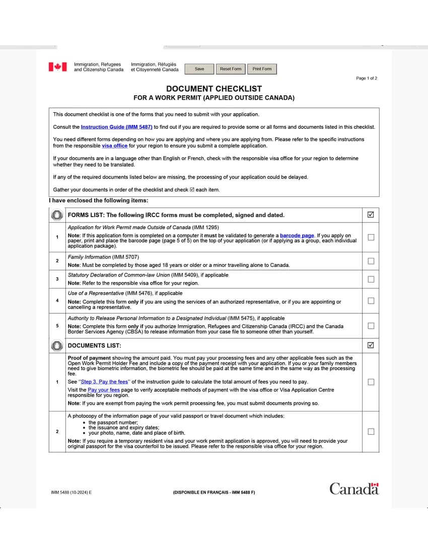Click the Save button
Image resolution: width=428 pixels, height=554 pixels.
[199, 69]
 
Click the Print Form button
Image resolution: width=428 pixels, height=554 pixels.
[262, 69]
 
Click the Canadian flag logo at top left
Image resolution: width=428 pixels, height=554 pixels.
[57, 67]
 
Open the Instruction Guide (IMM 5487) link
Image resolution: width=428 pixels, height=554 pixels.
[116, 127]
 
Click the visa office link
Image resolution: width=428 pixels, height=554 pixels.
[114, 146]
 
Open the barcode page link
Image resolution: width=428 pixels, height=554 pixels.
[297, 236]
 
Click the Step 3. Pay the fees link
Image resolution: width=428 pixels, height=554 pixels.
[104, 382]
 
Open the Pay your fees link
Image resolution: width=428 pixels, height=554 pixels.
[104, 390]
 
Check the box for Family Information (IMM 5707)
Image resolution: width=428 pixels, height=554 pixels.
[371, 261]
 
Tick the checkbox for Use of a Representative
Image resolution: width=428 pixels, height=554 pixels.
[371, 301]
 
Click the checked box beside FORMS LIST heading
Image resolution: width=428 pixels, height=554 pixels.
[371, 215]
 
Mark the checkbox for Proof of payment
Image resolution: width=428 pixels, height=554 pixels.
[371, 382]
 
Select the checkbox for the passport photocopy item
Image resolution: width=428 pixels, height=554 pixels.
[371, 432]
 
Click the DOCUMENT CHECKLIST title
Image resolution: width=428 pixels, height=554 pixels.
[214, 89]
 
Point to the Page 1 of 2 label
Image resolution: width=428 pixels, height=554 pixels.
[366, 78]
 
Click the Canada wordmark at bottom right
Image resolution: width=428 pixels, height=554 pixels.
[354, 489]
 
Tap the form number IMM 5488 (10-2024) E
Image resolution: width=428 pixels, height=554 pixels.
[72, 492]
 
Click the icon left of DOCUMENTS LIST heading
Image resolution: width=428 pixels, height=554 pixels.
[57, 345]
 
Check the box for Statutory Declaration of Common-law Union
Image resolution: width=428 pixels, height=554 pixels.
[371, 279]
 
